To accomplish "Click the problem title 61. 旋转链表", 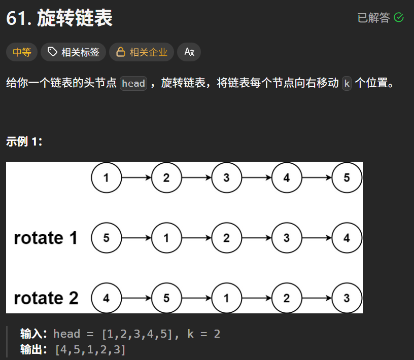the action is click(x=59, y=18).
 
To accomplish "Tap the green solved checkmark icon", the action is click(x=399, y=18).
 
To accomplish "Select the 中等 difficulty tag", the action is click(x=22, y=52).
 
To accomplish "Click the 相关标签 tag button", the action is click(x=74, y=52).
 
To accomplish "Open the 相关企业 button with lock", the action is click(x=142, y=52).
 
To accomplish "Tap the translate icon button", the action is click(x=189, y=52).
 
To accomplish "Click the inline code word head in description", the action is click(x=133, y=83).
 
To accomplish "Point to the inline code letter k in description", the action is click(x=347, y=83).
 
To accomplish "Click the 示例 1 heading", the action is click(x=24, y=142).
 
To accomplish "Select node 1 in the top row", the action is click(x=107, y=177).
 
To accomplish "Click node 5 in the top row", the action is click(x=347, y=177).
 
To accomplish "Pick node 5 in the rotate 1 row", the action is click(x=107, y=238).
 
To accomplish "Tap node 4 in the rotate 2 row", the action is click(x=107, y=298).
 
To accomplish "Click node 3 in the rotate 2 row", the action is click(x=347, y=298).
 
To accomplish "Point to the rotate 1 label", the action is click(x=46, y=238).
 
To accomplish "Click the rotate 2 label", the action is click(x=46, y=298).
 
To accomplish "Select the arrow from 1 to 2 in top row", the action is click(x=136, y=177).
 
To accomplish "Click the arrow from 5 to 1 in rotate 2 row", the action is click(x=197, y=298).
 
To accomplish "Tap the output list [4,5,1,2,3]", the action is click(x=90, y=349).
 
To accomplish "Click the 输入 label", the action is click(x=33, y=334).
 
